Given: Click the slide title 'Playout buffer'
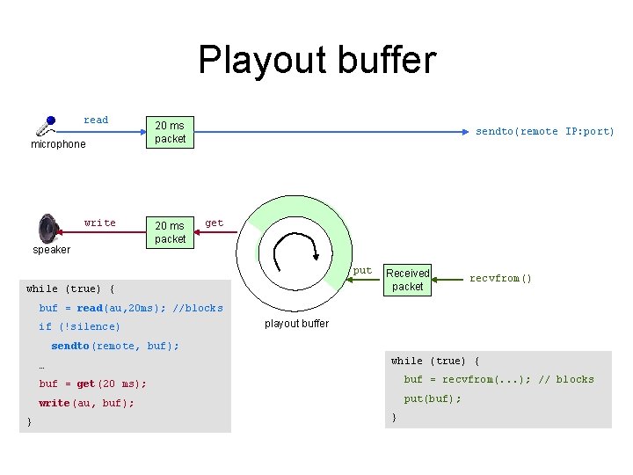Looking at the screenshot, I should coord(316,60).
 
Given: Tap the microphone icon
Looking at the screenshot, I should coord(45,124).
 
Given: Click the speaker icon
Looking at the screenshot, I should coord(49,229).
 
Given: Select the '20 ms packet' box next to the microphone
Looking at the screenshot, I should coord(170,132).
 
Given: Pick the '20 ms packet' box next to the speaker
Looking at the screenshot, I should coord(170,232).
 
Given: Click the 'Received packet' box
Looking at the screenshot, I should coord(408,280).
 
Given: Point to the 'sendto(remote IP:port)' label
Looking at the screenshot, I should coord(545,132).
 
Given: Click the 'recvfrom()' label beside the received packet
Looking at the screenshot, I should coord(500,279).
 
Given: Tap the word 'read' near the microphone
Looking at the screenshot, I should coord(96,121).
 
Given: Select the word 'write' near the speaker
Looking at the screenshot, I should coord(99,223).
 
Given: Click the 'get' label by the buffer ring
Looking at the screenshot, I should coord(214,223).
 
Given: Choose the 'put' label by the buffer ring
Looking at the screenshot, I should coord(362,271).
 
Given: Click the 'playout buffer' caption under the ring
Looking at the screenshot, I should coord(296,324).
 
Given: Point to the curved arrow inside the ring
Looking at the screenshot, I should coord(290,252).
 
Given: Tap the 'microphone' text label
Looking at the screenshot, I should coord(58,144).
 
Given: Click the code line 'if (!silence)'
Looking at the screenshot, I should coord(79,327).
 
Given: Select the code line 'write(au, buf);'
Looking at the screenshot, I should coord(86,404).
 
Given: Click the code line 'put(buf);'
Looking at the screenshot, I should coord(432,398).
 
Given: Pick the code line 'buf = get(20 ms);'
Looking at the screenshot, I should coord(92,384).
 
